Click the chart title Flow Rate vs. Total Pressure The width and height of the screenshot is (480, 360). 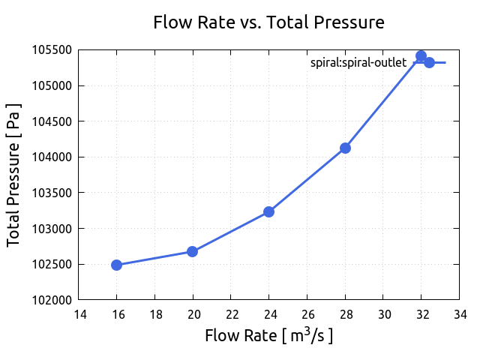[x=268, y=22]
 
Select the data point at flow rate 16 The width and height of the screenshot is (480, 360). [x=116, y=265]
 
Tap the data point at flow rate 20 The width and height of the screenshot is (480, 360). [x=192, y=251]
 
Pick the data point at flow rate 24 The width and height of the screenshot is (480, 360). [x=268, y=211]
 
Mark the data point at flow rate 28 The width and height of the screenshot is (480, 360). [x=345, y=148]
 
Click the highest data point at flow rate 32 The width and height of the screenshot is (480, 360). [x=421, y=56]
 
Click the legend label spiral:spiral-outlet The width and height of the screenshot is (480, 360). [x=358, y=63]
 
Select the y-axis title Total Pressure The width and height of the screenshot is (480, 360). [x=13, y=175]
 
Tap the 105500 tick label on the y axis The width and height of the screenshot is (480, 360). [x=51, y=50]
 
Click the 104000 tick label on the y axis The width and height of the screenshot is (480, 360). [x=51, y=157]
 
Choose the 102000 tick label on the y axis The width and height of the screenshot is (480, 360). [x=51, y=300]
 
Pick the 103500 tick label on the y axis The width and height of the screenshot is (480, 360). [x=51, y=193]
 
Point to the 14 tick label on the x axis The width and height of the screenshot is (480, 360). [x=79, y=313]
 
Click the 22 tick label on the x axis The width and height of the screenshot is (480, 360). [x=231, y=313]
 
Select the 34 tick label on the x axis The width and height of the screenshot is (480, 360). [x=460, y=313]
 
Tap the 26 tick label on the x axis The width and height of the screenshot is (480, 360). [x=307, y=313]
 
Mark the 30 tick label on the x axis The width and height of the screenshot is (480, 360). [x=383, y=313]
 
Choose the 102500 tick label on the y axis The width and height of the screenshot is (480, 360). [x=51, y=265]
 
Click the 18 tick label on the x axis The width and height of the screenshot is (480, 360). [x=154, y=313]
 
